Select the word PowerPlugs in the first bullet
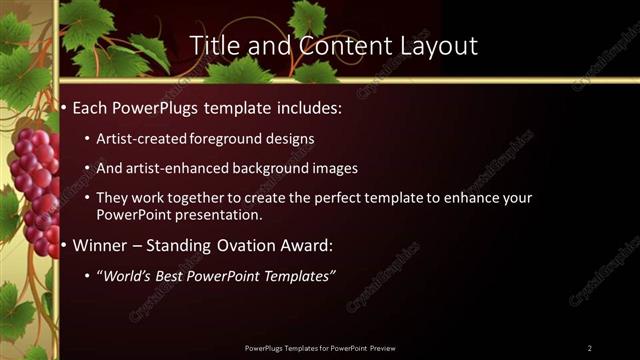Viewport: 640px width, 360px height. (150, 106)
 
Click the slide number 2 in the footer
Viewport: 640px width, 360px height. (589, 348)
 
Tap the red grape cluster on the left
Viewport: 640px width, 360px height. (35, 185)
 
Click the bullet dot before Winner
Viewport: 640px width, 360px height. (65, 246)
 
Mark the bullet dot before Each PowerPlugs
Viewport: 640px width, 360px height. (65, 107)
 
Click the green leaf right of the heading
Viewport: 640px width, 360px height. (307, 17)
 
